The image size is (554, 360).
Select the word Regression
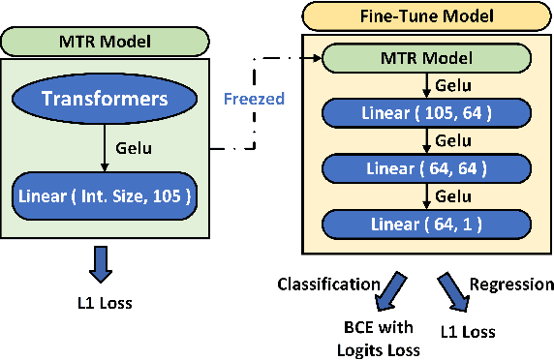point(512,285)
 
